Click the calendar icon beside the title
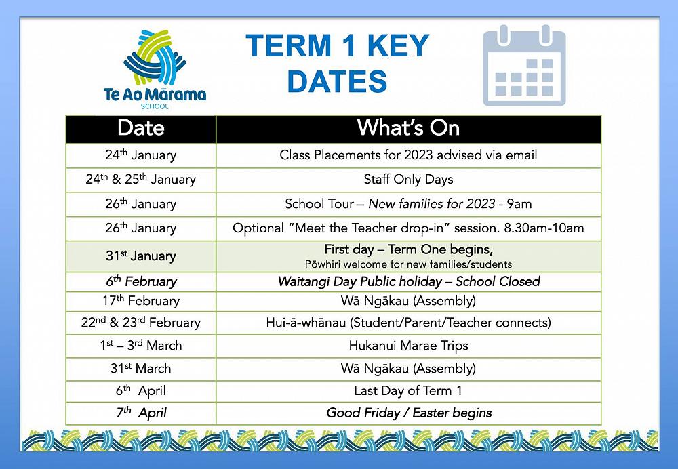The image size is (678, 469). coord(524,66)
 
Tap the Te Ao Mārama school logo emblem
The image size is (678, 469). coord(155,58)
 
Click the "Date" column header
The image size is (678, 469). coord(141,128)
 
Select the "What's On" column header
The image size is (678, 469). coord(408,128)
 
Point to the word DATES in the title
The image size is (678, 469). coord(337,81)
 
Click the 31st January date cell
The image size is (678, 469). coord(141,256)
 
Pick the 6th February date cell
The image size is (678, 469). coord(142,281)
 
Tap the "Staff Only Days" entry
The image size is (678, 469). coord(408,180)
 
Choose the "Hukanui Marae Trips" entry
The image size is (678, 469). coord(408,346)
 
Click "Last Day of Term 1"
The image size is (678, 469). coord(408,391)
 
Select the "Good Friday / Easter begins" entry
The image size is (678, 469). coord(409,413)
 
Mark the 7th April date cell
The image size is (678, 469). coord(142,413)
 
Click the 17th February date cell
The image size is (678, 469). coord(141,301)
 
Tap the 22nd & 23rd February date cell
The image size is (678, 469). coord(141,323)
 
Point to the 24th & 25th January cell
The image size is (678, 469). coord(141,180)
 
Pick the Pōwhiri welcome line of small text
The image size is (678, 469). coord(408,264)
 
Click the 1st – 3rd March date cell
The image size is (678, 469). coord(141,346)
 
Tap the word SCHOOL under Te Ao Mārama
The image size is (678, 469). coord(155,106)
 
